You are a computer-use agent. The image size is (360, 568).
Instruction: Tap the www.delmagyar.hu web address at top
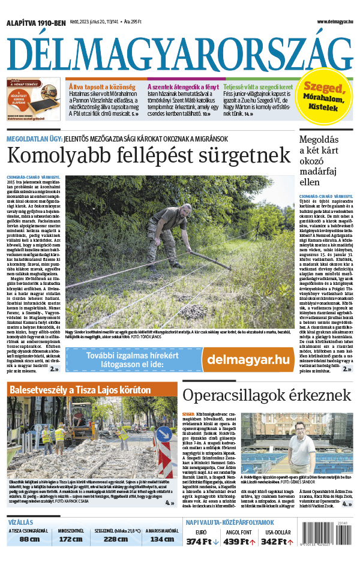click(335, 22)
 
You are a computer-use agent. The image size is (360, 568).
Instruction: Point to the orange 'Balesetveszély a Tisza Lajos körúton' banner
click(92, 390)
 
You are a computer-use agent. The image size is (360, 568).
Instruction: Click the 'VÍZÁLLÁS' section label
click(21, 522)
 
